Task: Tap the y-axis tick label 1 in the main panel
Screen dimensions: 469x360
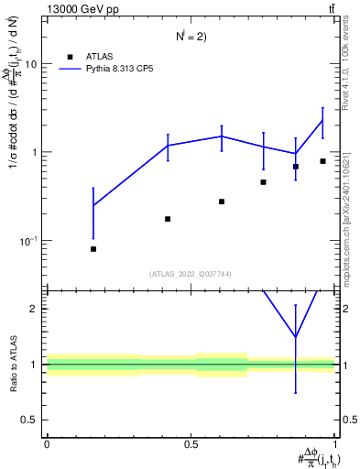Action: (35, 152)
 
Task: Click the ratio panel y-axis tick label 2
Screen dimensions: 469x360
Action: (35, 309)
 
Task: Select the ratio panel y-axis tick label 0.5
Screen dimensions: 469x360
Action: (30, 420)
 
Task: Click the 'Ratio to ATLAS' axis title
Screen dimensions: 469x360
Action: (13, 364)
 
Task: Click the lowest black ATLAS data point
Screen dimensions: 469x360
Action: (93, 249)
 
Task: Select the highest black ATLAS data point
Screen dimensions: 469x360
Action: (322, 161)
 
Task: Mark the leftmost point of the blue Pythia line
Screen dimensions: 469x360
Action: (93, 205)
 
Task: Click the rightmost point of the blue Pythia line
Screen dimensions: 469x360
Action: (322, 121)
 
